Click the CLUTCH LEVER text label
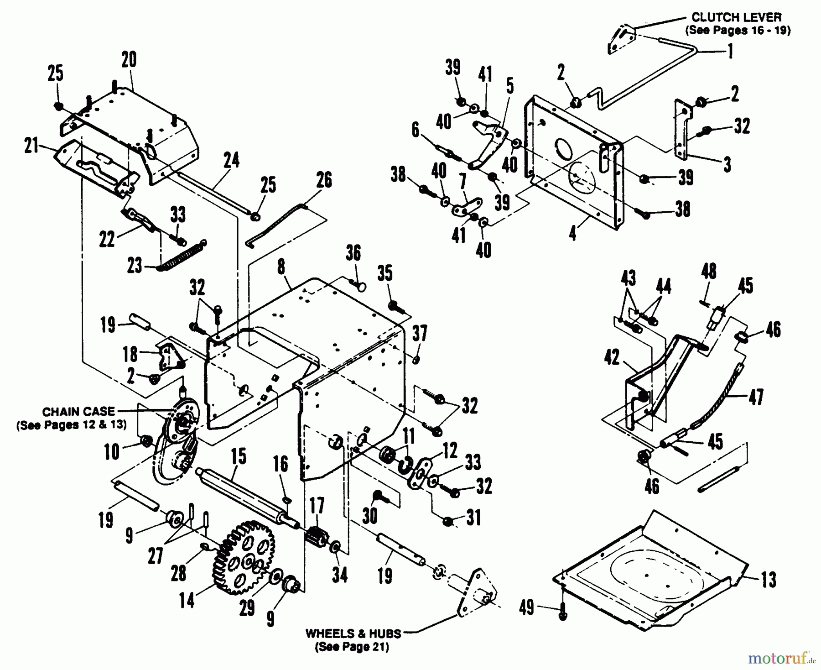coord(737,17)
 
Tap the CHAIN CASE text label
coord(78,412)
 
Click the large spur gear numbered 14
coord(243,558)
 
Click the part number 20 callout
coord(129,60)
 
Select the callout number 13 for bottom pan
coord(769,580)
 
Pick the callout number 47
coord(756,397)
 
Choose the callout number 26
coord(324,180)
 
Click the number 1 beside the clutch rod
coord(730,51)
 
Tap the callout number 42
coord(612,357)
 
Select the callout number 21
coord(31,147)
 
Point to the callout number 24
coord(232,160)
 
